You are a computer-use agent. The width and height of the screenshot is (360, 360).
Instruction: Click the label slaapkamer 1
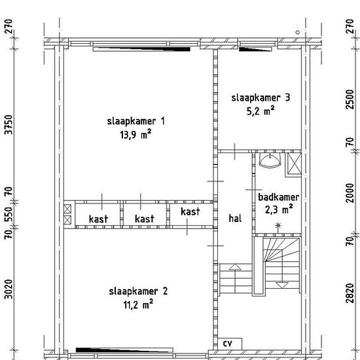click(x=136, y=121)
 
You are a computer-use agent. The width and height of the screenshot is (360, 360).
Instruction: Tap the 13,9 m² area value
click(x=135, y=134)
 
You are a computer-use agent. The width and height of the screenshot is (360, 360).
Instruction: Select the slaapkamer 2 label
click(x=138, y=291)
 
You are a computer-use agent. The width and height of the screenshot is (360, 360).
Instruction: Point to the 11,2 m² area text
click(x=138, y=304)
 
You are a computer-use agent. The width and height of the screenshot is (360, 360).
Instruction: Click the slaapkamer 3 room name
click(x=261, y=98)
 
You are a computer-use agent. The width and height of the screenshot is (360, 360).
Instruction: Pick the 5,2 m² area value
click(x=261, y=111)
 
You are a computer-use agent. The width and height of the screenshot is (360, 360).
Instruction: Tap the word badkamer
click(x=278, y=197)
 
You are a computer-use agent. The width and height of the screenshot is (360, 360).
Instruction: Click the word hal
click(x=235, y=218)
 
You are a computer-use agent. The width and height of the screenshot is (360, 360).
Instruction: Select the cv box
click(x=230, y=344)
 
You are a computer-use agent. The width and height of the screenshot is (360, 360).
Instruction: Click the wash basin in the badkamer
click(x=270, y=160)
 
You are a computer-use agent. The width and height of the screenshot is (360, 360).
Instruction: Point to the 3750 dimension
click(x=9, y=124)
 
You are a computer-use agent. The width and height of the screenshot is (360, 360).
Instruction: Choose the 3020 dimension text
click(x=9, y=289)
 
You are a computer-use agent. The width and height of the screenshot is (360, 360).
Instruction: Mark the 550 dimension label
click(x=9, y=215)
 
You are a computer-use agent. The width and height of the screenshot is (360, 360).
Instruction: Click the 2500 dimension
click(x=350, y=99)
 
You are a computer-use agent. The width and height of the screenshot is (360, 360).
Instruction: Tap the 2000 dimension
click(x=350, y=193)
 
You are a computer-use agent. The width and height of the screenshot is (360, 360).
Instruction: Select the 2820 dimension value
click(x=350, y=293)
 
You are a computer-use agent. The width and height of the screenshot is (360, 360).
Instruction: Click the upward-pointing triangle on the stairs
click(x=235, y=267)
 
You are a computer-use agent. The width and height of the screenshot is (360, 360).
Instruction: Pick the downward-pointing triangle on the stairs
click(x=281, y=285)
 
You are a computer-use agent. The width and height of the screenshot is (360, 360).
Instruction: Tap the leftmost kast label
click(x=98, y=219)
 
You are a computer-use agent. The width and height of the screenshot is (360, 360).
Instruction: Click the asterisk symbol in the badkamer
click(x=278, y=225)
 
